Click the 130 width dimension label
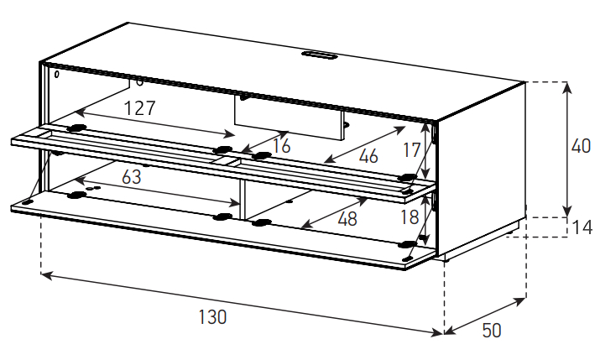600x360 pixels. (212, 316)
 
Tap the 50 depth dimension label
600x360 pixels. (491, 330)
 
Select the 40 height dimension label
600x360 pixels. (581, 146)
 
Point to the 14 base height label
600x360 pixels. (582, 227)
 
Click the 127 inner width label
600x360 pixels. (140, 108)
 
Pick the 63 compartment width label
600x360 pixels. (131, 177)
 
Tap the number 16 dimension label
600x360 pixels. (282, 146)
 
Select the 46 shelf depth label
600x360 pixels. (368, 156)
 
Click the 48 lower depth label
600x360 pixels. (347, 219)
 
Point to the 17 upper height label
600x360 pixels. (411, 150)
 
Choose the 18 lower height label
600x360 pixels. (410, 217)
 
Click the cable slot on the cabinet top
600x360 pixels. (319, 55)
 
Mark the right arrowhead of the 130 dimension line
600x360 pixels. (439, 334)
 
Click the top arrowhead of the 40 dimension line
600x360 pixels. (567, 88)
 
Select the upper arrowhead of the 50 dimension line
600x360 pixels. (520, 301)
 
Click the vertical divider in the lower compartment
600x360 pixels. (242, 199)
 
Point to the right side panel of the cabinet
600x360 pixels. (482, 169)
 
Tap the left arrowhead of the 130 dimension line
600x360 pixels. (46, 274)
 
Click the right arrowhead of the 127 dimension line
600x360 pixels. (230, 134)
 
